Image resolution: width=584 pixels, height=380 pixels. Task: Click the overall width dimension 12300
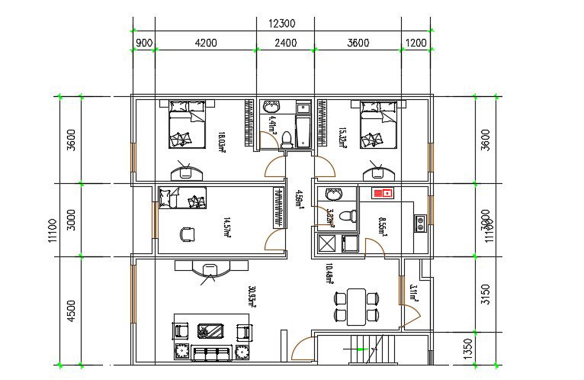282,24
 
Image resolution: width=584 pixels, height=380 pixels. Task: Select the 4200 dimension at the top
205,43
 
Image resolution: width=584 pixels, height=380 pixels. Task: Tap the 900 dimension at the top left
143,43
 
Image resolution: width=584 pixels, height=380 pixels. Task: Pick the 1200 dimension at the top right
416,43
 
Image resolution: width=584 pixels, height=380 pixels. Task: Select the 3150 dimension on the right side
487,294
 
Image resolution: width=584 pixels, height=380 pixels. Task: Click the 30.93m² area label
252,297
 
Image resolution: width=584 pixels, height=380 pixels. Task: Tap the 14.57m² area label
226,227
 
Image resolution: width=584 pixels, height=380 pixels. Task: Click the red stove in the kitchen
382,193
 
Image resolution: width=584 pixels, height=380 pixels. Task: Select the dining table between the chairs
355,305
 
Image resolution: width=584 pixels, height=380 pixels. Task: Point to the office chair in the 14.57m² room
186,233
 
